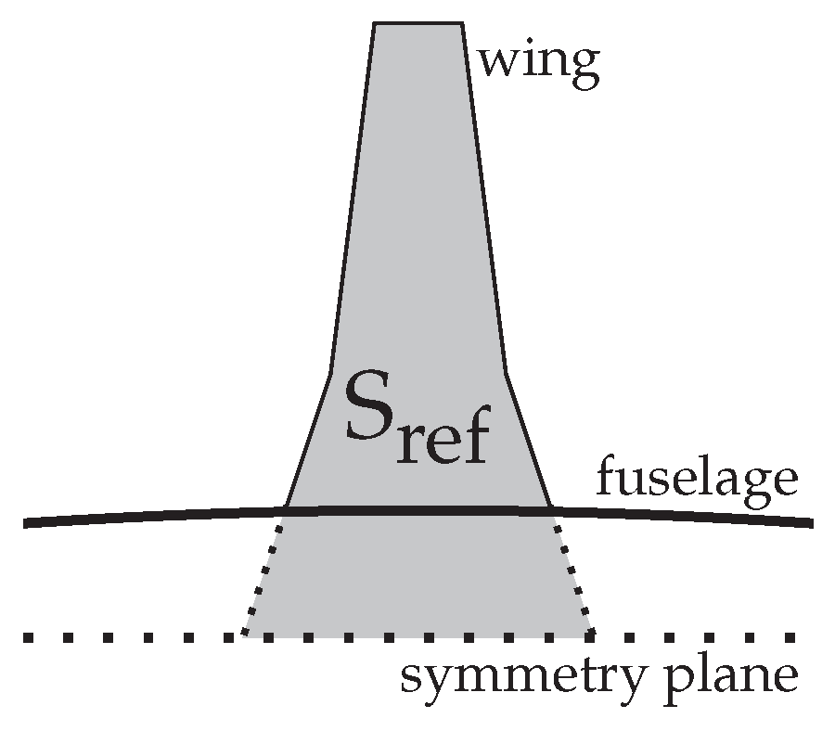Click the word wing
[x=538, y=63]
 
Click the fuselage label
[x=696, y=481]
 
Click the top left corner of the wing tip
[x=375, y=23]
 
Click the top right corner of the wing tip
[x=461, y=23]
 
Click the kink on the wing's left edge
[x=331, y=373]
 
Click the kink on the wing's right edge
[x=505, y=373]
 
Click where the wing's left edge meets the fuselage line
[x=285, y=509]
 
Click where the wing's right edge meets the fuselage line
[x=552, y=509]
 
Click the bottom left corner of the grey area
[x=243, y=636]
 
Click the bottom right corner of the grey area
[x=592, y=636]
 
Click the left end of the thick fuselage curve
[x=25, y=524]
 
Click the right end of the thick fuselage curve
[x=812, y=524]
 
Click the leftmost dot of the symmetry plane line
[x=28, y=637]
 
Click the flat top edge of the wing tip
[x=417, y=23]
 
